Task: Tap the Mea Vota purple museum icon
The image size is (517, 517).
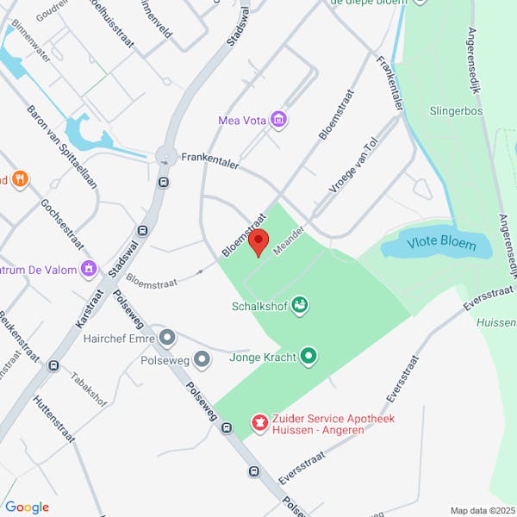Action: coord(277,120)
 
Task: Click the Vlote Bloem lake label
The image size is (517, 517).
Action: coord(440,244)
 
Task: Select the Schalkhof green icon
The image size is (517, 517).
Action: coord(300,304)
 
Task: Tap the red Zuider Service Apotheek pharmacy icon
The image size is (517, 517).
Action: coord(258,422)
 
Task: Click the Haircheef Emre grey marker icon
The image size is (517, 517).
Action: coord(167,338)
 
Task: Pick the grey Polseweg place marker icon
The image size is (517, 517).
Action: coord(202,358)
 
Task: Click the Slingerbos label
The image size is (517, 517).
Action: coord(456,111)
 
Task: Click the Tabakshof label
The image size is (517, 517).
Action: coord(88,389)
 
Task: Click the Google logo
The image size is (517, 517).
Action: coord(27,508)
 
